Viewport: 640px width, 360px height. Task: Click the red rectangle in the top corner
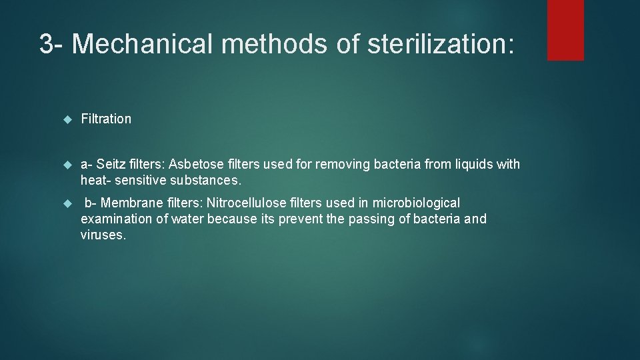565,30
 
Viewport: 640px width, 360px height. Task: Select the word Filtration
106,119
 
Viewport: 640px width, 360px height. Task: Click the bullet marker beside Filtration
66,119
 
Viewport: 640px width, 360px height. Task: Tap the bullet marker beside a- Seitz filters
66,165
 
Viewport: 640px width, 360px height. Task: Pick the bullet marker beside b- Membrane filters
66,203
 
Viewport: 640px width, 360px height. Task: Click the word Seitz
112,164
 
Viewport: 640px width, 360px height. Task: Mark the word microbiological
417,203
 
